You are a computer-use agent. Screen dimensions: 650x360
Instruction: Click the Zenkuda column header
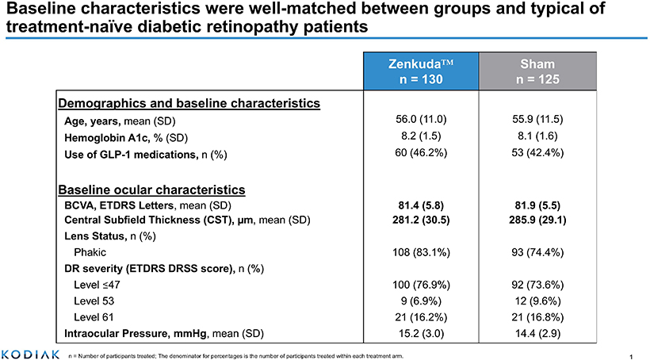click(x=421, y=71)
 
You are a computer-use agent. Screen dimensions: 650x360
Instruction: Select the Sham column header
click(x=537, y=71)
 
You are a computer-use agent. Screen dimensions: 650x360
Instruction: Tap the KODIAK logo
click(x=30, y=354)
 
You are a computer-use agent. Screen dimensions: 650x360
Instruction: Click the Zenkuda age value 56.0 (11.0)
click(x=421, y=120)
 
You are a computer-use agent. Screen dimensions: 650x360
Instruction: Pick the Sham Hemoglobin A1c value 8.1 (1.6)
click(x=537, y=136)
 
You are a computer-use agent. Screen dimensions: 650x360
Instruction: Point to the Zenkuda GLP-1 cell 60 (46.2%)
click(x=421, y=152)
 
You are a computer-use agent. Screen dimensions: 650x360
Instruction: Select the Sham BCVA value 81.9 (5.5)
click(x=537, y=205)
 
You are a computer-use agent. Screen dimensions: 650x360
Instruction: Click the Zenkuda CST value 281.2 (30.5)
click(x=421, y=220)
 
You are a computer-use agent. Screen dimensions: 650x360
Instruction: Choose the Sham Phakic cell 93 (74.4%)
click(x=537, y=252)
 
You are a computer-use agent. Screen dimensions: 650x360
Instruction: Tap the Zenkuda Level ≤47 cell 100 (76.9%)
click(x=421, y=285)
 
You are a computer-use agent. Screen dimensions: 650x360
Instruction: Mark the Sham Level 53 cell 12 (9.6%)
click(x=537, y=301)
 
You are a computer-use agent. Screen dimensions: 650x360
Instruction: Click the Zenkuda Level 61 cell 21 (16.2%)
click(x=421, y=317)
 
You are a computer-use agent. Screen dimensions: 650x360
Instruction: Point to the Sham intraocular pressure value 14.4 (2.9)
click(x=537, y=334)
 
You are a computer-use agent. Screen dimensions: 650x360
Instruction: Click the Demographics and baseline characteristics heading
click(x=189, y=103)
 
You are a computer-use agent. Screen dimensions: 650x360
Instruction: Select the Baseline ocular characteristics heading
click(x=151, y=190)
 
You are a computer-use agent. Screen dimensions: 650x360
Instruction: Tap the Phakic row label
click(x=90, y=252)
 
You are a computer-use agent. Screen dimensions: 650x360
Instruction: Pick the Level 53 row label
click(x=94, y=301)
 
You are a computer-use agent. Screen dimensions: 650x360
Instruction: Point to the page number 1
click(x=631, y=356)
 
